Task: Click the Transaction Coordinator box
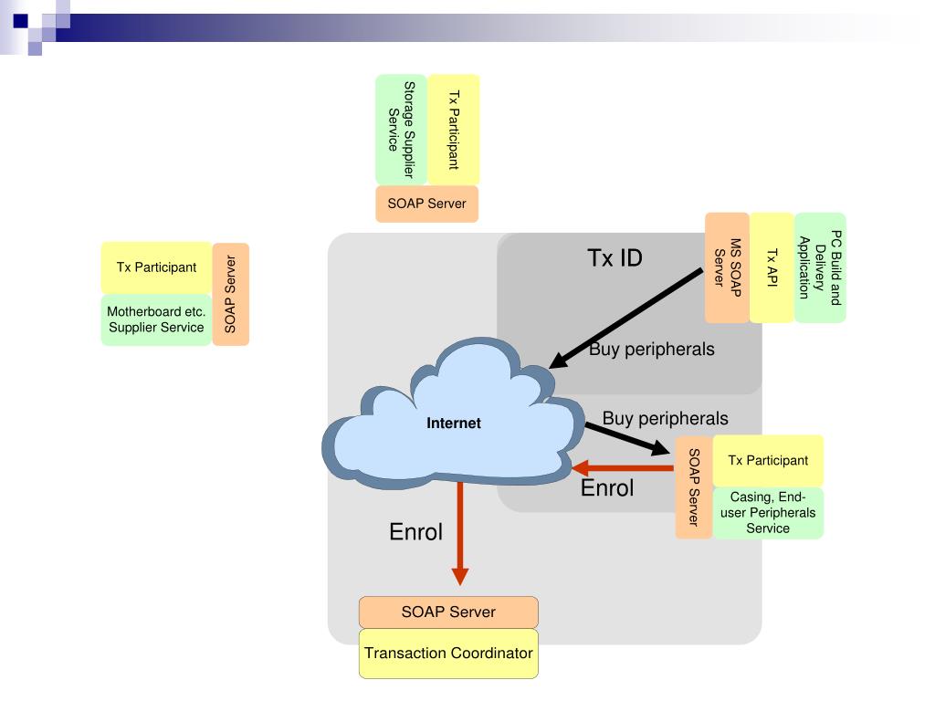448,654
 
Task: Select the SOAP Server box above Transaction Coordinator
448,612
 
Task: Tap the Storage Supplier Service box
402,130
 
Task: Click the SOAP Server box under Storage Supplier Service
427,204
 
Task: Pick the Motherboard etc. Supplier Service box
156,319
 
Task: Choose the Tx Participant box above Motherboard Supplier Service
156,267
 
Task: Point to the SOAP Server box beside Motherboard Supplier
230,294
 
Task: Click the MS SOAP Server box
727,267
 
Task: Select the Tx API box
772,267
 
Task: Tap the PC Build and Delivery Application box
821,267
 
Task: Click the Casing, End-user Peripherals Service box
768,513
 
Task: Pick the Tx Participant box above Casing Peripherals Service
768,460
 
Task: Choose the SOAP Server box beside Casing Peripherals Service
694,487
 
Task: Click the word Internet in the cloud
454,424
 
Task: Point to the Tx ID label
615,258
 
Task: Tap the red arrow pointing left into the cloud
623,468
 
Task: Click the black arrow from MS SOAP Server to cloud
625,319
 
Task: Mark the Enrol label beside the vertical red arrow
415,532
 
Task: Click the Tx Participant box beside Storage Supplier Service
454,130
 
